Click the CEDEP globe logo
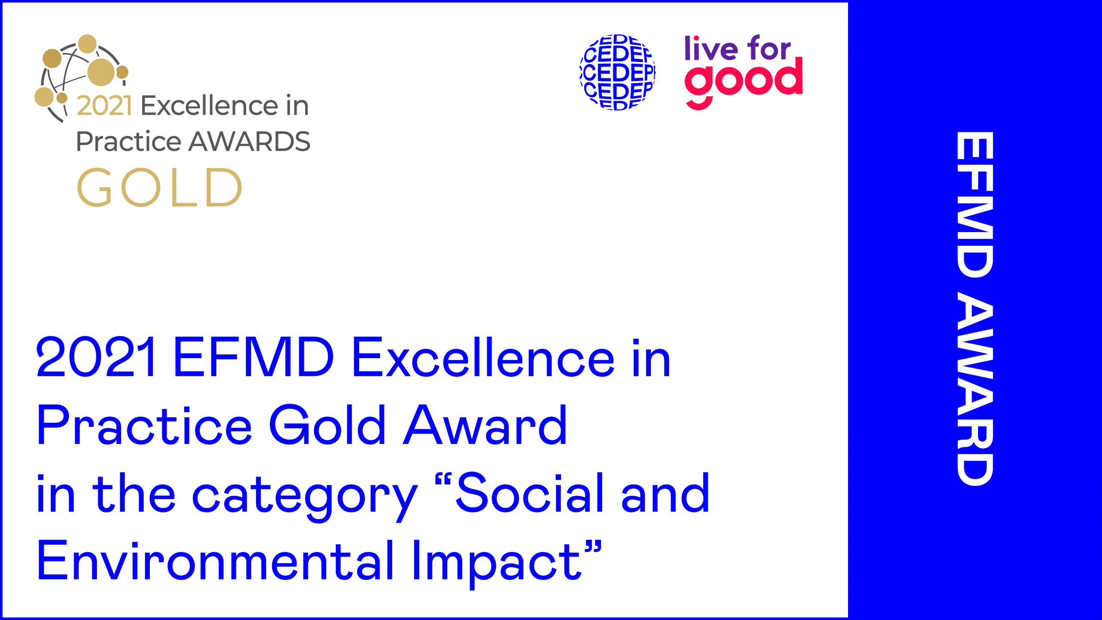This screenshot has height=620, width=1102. pyautogui.click(x=618, y=72)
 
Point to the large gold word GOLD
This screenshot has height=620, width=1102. pyautogui.click(x=159, y=187)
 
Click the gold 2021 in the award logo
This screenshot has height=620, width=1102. pyautogui.click(x=104, y=105)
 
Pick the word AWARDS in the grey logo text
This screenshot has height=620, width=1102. pyautogui.click(x=250, y=141)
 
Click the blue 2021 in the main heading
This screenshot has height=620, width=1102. pyautogui.click(x=96, y=357)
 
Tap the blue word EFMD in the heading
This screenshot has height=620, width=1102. pyautogui.click(x=254, y=357)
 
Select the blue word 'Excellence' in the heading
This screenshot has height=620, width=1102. pyautogui.click(x=483, y=357)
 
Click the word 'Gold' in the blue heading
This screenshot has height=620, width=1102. pyautogui.click(x=327, y=425)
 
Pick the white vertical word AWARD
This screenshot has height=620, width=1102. pyautogui.click(x=975, y=392)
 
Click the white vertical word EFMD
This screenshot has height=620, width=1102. pyautogui.click(x=975, y=205)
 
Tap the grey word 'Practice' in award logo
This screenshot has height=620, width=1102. pyautogui.click(x=129, y=141)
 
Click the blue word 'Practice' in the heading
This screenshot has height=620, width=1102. pyautogui.click(x=144, y=425)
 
